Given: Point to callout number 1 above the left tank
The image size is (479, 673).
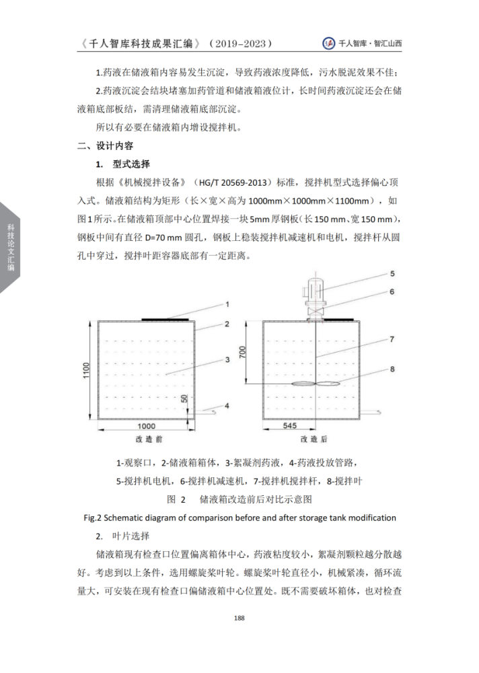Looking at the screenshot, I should tap(227, 305).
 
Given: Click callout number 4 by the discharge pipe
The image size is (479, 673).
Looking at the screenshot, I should tap(227, 405).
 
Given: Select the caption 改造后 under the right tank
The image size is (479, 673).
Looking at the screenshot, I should tap(309, 439).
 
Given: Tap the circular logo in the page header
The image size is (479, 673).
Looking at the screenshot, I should tap(329, 43).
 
